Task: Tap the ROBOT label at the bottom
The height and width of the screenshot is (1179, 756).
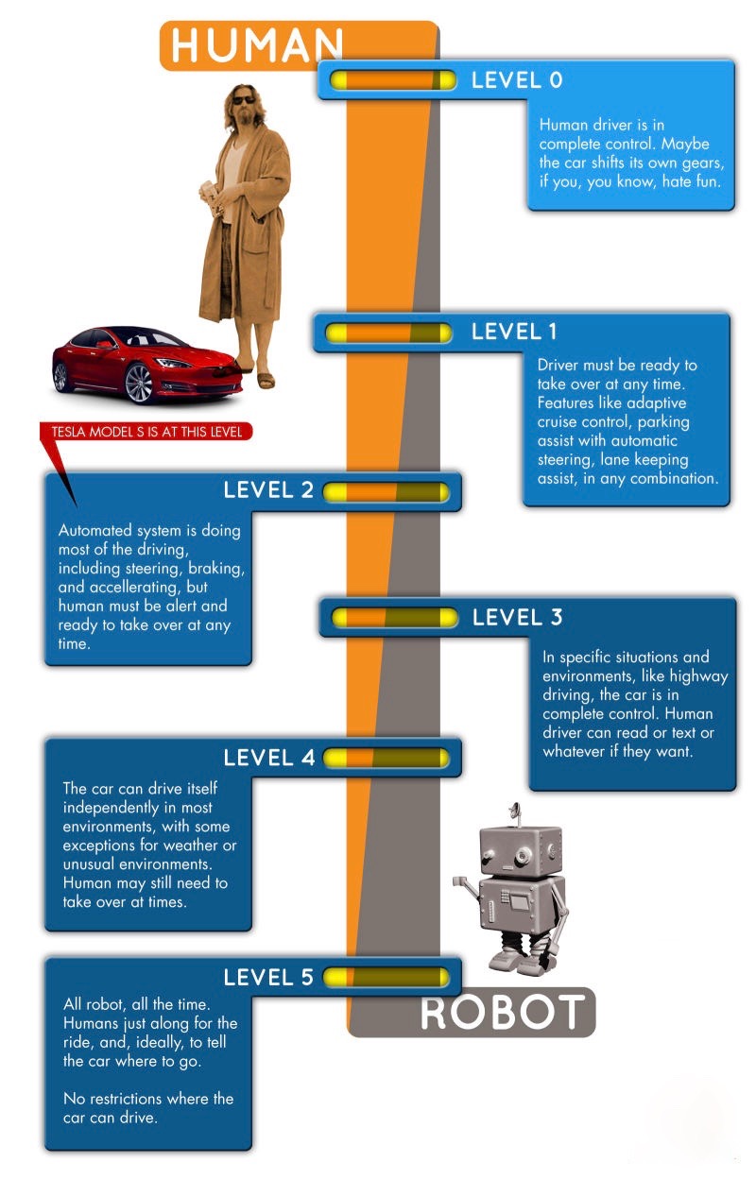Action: [501, 1013]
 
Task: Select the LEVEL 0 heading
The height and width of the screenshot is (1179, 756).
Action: [517, 80]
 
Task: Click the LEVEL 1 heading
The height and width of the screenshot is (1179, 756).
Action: [514, 332]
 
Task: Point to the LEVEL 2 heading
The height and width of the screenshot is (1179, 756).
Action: [268, 490]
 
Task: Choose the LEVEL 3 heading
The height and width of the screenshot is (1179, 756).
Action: [517, 618]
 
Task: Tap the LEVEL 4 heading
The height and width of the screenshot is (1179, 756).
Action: [268, 758]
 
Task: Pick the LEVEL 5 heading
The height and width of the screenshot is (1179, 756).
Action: [268, 978]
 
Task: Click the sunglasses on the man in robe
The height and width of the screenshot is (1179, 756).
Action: [243, 98]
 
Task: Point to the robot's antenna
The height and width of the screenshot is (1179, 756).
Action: [513, 811]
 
